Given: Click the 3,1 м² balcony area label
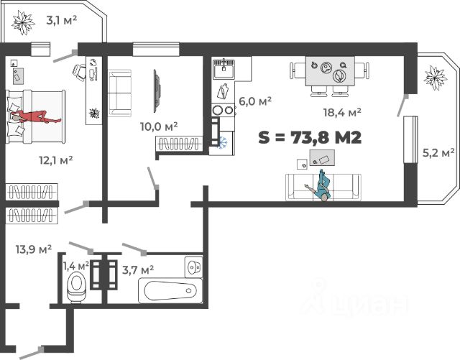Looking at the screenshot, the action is point(62,21).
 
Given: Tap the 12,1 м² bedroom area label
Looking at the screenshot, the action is point(56,160).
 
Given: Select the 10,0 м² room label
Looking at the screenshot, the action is point(159,126).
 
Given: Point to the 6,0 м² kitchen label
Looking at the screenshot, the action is point(255,101).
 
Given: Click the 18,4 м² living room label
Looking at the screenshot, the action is point(342,112).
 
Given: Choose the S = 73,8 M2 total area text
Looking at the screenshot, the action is point(310,137).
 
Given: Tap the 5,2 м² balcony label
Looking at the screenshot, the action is point(438,152).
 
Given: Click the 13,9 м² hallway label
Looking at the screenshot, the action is point(34,249).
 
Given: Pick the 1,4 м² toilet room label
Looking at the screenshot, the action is point(76,267).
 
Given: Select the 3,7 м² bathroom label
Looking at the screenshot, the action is point(138,269).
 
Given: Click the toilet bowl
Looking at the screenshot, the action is point(77,287).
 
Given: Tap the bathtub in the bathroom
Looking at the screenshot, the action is point(170,291).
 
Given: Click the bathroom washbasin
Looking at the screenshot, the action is point(193,267).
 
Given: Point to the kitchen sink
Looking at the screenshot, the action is point(224,69).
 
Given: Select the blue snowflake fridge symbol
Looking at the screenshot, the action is point(222,142).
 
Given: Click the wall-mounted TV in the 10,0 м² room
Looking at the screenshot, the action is point(157,91).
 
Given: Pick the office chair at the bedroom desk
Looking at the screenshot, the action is point(79,72).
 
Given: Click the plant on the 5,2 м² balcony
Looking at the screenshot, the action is point(436,78).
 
